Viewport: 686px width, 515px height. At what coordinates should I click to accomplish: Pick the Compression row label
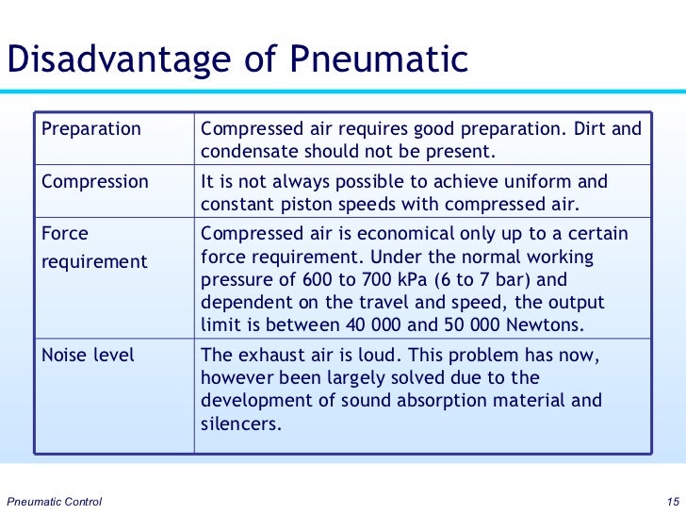pos(96,181)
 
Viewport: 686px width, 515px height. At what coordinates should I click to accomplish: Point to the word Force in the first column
pos(67,233)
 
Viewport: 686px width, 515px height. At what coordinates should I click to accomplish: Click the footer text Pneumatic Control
pos(54,500)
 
